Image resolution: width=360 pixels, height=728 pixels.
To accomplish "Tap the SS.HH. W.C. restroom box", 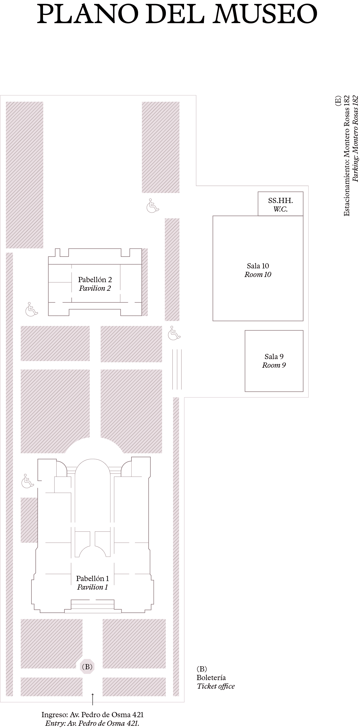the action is pos(280,204).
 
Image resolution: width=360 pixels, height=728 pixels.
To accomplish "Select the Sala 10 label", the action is pos(258,266).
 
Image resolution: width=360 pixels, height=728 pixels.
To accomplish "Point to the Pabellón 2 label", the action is pos(95,280).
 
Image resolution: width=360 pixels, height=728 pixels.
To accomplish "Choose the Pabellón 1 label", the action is pos(92,579).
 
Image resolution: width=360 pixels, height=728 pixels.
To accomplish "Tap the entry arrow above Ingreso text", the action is pos(92,699).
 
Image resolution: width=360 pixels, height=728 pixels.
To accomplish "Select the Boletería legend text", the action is pos(211,677).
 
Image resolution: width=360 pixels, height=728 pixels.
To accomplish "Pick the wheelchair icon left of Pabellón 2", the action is pos(31,309).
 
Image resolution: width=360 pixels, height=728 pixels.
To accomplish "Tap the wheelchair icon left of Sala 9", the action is pos(174,333).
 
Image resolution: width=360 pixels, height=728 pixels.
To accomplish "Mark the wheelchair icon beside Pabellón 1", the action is pos(28,481).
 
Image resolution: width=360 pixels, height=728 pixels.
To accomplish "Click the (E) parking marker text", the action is pos(338,101).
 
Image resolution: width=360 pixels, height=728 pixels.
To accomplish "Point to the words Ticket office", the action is pos(216,686).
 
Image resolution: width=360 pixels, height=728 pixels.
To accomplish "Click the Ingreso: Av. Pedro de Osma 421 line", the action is pos(92,715).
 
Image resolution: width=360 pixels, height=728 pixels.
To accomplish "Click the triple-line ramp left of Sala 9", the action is pos(177,369).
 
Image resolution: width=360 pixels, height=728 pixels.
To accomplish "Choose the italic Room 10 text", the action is pos(258,274).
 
